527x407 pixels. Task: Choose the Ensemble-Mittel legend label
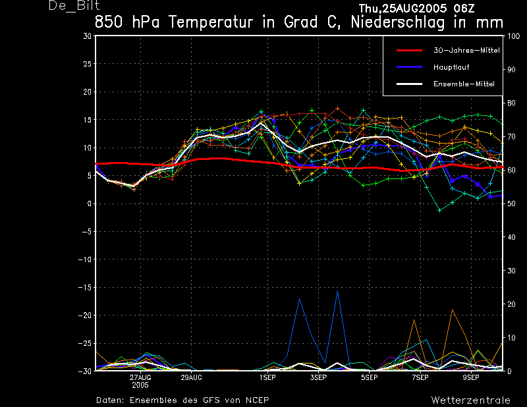pyautogui.click(x=464, y=84)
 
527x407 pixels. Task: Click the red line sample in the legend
pyautogui.click(x=408, y=50)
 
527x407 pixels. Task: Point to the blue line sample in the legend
pyautogui.click(x=408, y=67)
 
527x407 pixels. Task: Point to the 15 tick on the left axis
pyautogui.click(x=88, y=92)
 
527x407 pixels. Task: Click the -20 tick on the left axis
pyautogui.click(x=86, y=315)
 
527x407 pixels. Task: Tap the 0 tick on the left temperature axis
pyautogui.click(x=90, y=204)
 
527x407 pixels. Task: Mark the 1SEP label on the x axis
pyautogui.click(x=267, y=378)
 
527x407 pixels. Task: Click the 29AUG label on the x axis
pyautogui.click(x=191, y=378)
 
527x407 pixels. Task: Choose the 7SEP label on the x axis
pyautogui.click(x=420, y=378)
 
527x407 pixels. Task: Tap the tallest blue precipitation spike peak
pyautogui.click(x=337, y=290)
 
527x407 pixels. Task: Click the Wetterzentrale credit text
pyautogui.click(x=470, y=400)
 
